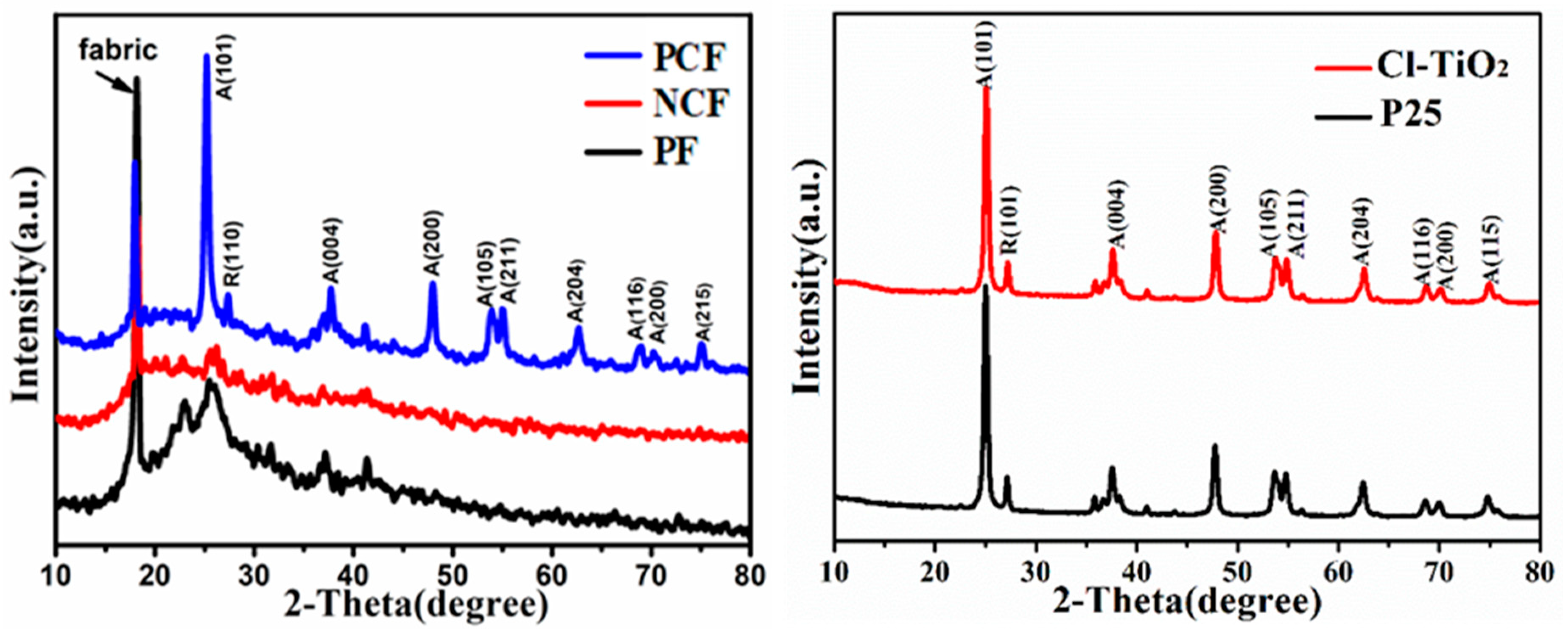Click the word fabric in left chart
pyautogui.click(x=118, y=50)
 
